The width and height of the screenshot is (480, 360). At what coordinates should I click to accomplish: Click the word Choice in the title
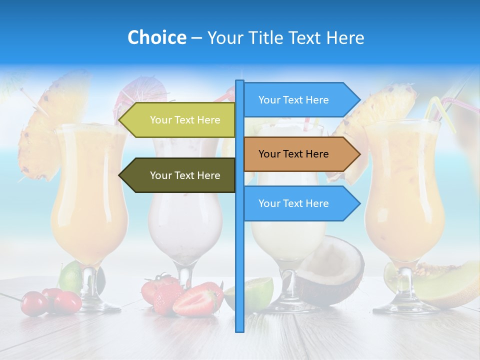156,38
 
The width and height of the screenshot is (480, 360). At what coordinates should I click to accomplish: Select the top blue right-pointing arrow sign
300,100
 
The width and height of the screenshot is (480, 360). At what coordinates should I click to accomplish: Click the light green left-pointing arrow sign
177,120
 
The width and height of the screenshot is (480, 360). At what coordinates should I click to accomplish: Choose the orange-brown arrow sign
300,154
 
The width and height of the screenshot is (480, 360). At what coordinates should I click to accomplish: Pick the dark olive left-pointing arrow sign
177,175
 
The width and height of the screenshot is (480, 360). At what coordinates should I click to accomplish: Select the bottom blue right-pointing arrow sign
300,203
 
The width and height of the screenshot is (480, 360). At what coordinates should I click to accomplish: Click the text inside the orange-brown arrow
293,154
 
